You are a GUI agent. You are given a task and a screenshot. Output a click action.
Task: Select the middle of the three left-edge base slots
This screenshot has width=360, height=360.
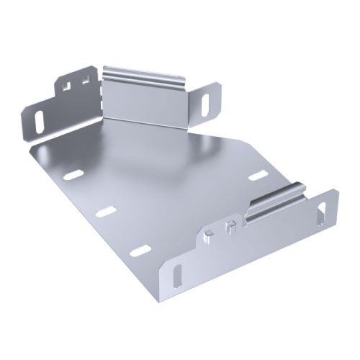coord(105,210)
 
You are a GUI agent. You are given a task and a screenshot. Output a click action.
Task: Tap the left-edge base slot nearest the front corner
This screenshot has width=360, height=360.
coord(140,251)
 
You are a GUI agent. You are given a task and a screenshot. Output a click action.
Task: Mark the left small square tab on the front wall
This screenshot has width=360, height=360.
coord(208,233)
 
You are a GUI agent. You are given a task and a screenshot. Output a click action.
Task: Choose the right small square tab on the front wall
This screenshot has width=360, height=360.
coord(230,228)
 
